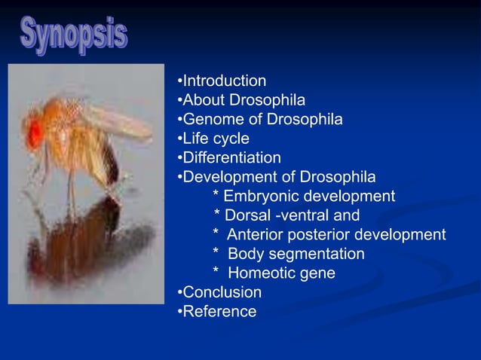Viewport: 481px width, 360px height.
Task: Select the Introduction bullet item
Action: [224, 81]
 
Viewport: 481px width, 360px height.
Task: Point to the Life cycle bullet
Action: [216, 139]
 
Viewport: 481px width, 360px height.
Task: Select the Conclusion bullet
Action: [222, 292]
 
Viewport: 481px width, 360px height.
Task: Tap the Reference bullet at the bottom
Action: [219, 312]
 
